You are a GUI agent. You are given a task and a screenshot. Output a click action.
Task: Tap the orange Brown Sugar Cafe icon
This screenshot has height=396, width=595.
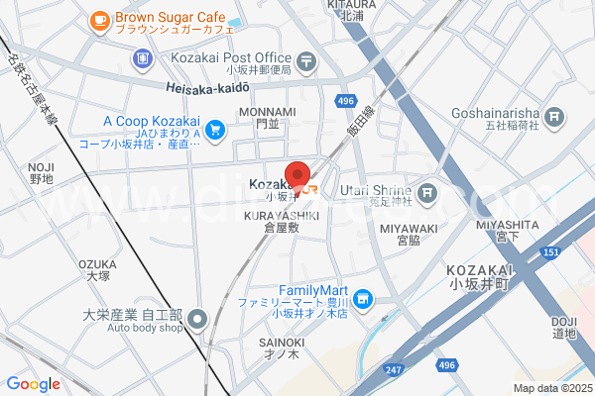coord(99,20)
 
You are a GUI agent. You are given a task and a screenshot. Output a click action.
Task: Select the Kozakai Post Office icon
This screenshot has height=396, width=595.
coord(306,59)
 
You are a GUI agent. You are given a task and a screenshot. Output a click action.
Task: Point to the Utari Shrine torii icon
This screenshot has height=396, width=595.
coord(426,192)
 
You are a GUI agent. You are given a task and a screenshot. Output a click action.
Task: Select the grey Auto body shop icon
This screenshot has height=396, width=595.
coord(197,319)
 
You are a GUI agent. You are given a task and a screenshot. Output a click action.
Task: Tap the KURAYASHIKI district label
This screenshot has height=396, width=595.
coord(283,216)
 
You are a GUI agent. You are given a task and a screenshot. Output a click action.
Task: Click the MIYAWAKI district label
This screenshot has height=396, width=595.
coord(403,228)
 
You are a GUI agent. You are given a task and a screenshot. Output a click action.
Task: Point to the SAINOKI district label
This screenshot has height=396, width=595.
coord(282,343)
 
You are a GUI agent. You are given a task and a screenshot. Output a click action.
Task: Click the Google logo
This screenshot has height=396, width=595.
coord(33,383)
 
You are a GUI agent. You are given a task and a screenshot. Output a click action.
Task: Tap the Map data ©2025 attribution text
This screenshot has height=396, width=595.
coord(551,388)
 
